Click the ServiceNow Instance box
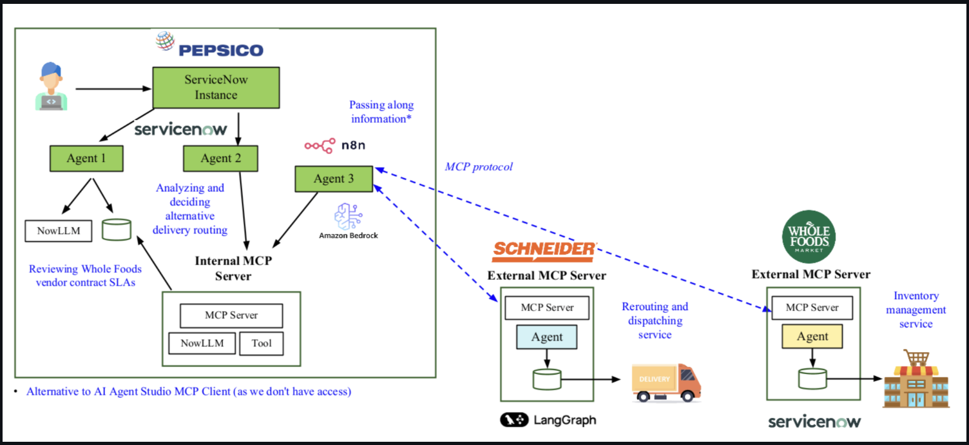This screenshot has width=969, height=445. pyautogui.click(x=216, y=87)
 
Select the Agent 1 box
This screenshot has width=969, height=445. pyautogui.click(x=86, y=158)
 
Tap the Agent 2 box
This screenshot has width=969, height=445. pyautogui.click(x=220, y=158)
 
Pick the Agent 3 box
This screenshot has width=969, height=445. pyautogui.click(x=334, y=179)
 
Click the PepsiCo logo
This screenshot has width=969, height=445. pyautogui.click(x=210, y=46)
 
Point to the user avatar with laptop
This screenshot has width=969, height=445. pyautogui.click(x=51, y=86)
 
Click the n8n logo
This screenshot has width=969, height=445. pyautogui.click(x=335, y=145)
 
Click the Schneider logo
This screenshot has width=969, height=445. pyautogui.click(x=544, y=251)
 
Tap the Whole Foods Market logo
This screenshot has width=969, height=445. pyautogui.click(x=809, y=237)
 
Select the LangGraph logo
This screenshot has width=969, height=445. pyautogui.click(x=548, y=420)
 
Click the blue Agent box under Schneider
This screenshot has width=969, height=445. pyautogui.click(x=546, y=337)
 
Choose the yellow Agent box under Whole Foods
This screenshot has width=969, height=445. pyautogui.click(x=812, y=336)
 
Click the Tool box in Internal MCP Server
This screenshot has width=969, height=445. pyautogui.click(x=261, y=343)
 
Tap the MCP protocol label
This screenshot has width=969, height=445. pyautogui.click(x=479, y=167)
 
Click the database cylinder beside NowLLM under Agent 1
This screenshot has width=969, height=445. pyautogui.click(x=117, y=229)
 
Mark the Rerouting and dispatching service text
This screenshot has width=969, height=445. pyautogui.click(x=655, y=321)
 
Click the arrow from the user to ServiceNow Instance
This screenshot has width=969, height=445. pyautogui.click(x=113, y=88)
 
